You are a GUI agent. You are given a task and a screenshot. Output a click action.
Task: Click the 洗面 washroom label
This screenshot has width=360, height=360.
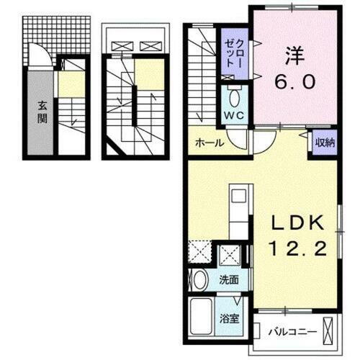pos(230,279)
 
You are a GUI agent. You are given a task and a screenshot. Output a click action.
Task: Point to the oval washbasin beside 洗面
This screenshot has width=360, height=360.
pos(199,279)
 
